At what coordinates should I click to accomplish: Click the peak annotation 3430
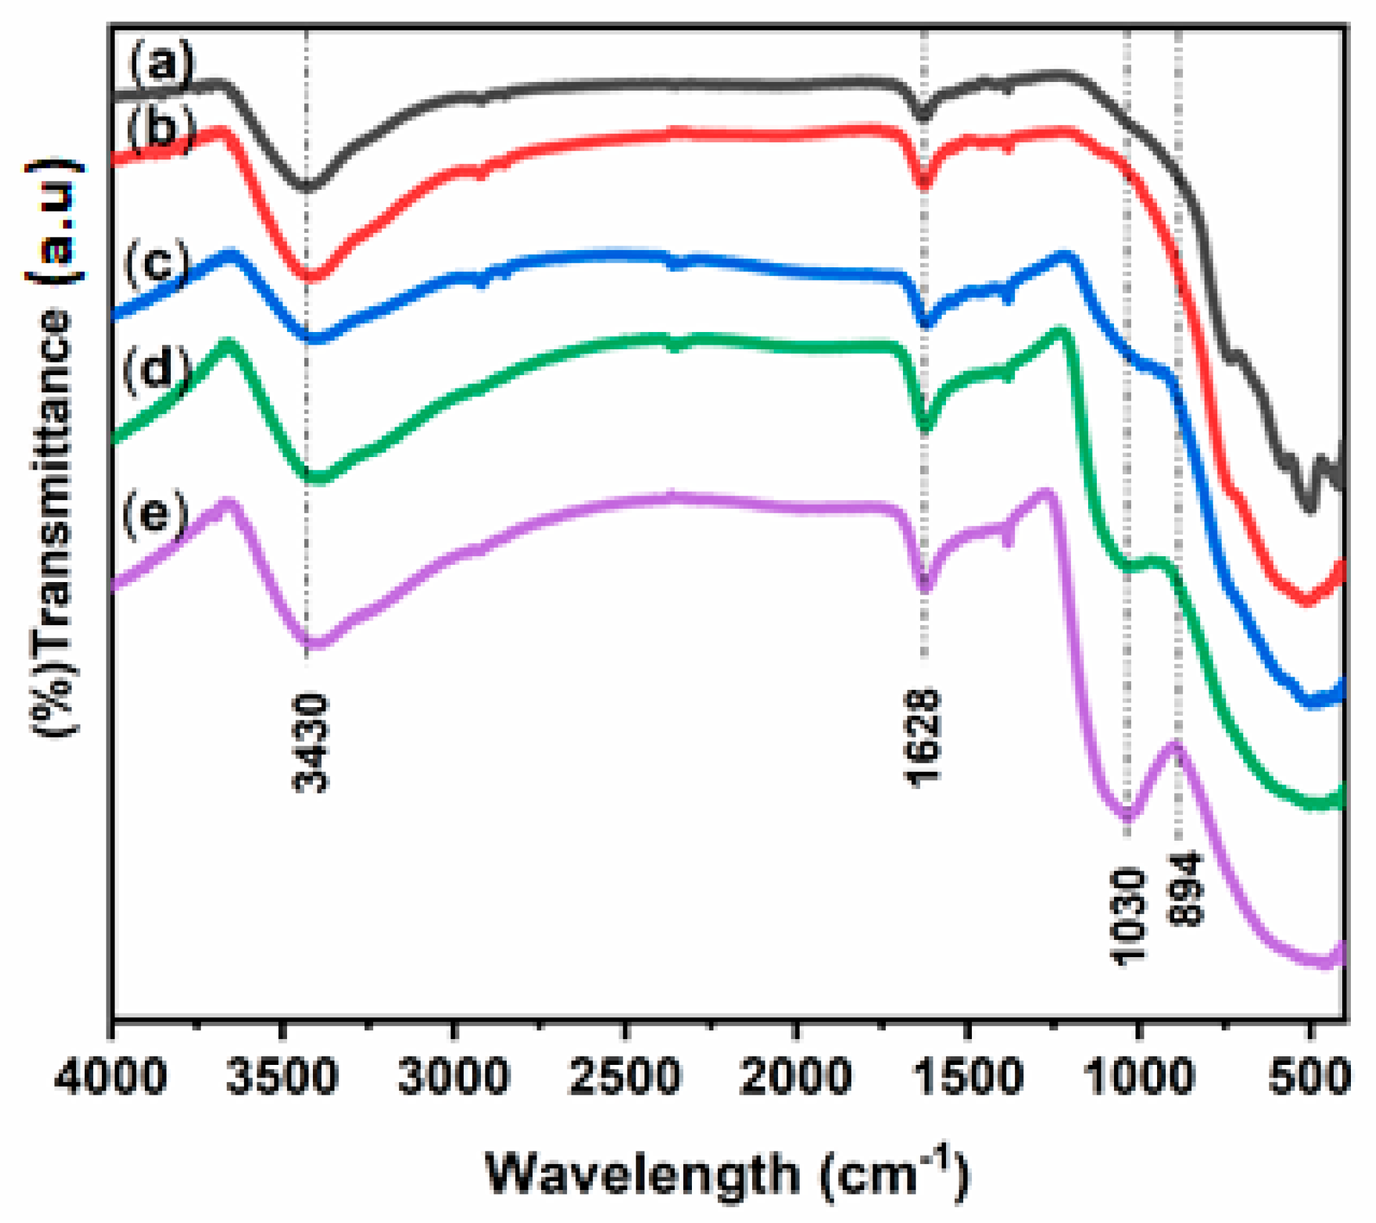tap(311, 743)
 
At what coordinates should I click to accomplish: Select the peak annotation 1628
tap(922, 738)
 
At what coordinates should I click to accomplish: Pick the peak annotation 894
tap(1185, 890)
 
